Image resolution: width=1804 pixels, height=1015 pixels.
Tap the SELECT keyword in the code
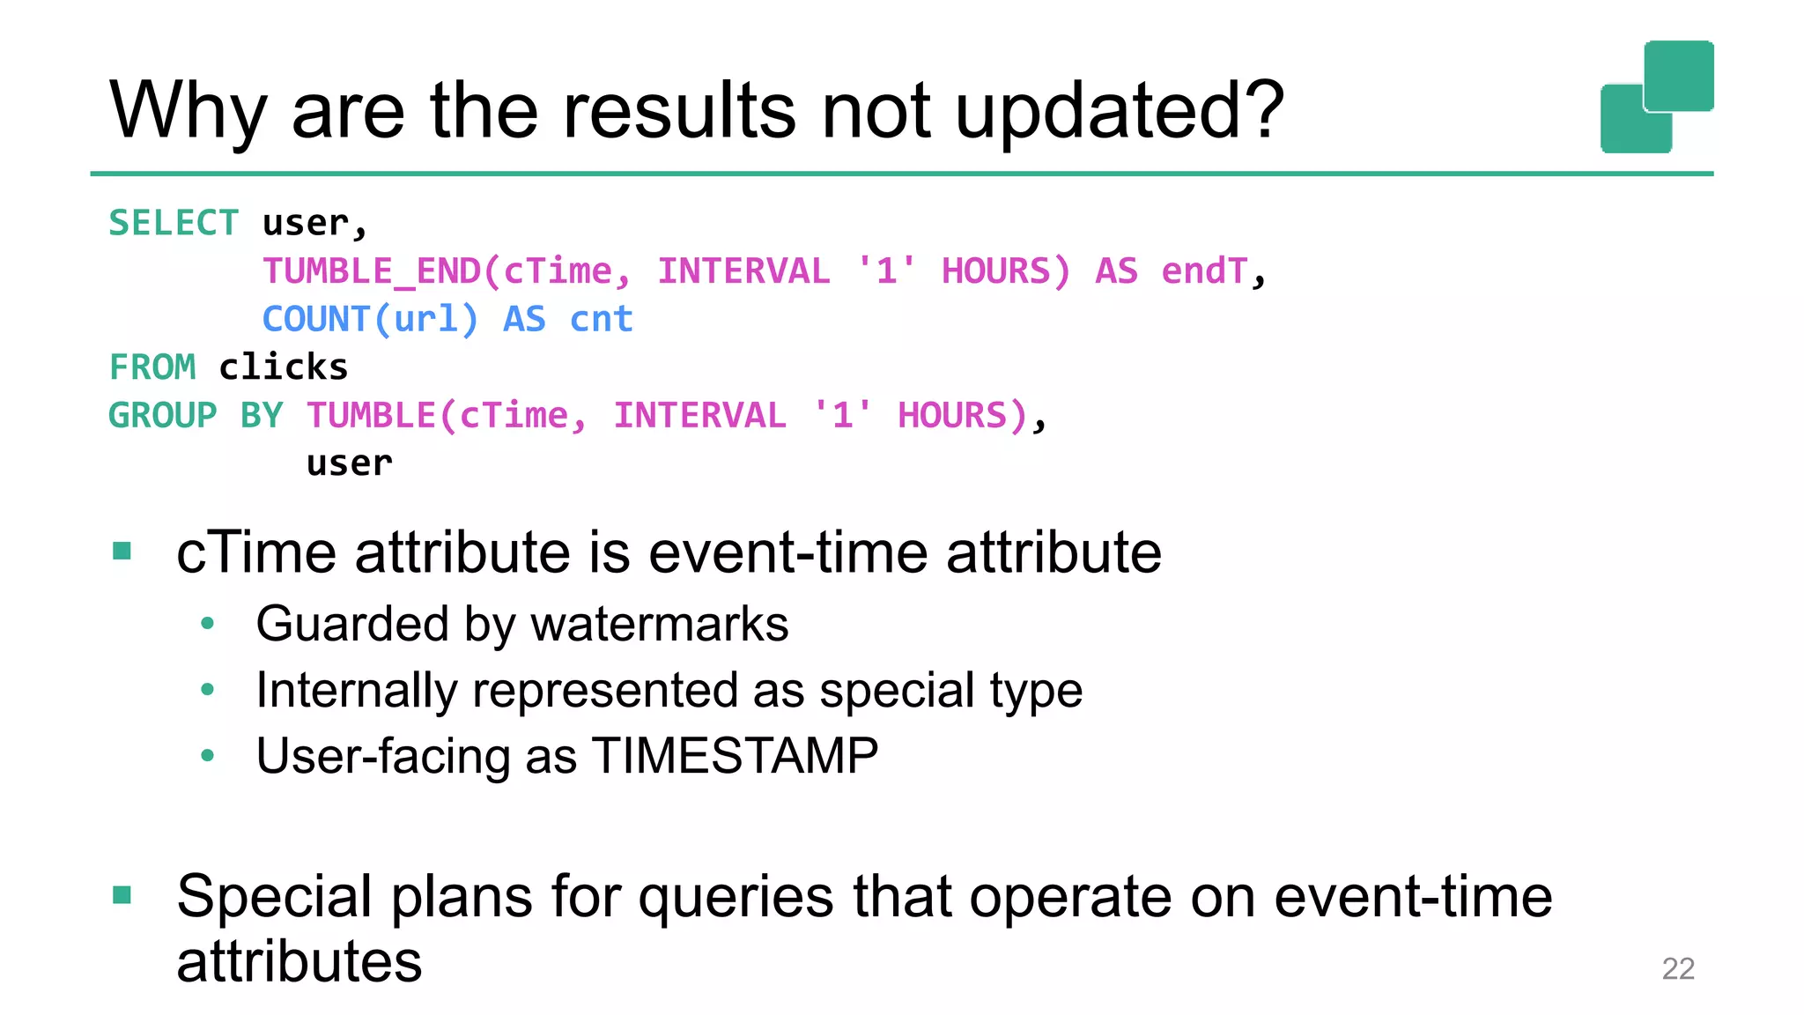pyautogui.click(x=174, y=223)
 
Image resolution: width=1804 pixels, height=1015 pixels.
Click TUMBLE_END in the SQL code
pyautogui.click(x=372, y=271)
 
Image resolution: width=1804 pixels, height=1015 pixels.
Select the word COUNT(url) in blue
pyautogui.click(x=370, y=319)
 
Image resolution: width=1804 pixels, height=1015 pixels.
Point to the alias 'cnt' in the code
pyautogui.click(x=601, y=319)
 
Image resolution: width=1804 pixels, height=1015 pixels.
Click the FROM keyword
pyautogui.click(x=152, y=367)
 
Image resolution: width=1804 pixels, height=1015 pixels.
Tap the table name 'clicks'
pyautogui.click(x=283, y=367)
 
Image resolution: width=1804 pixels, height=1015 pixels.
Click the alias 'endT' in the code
pyautogui.click(x=1204, y=271)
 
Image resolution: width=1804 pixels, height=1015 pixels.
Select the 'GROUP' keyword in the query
pyautogui.click(x=162, y=415)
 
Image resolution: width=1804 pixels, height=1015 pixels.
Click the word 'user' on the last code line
pyautogui.click(x=349, y=463)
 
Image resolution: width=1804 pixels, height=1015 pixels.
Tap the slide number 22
pyautogui.click(x=1677, y=968)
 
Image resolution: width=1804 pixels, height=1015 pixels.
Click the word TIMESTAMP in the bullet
pyautogui.click(x=735, y=756)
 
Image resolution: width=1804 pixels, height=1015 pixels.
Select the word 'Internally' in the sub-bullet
pyautogui.click(x=356, y=690)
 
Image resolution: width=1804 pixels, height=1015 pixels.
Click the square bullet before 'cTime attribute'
pyautogui.click(x=122, y=552)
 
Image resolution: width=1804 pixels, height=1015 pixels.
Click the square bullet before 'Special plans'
pyautogui.click(x=122, y=896)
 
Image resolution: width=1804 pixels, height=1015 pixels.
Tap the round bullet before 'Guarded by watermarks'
pyautogui.click(x=207, y=624)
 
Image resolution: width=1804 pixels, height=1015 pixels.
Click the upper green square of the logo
pyautogui.click(x=1679, y=75)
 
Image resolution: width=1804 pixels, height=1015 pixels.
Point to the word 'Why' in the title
pyautogui.click(x=188, y=113)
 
